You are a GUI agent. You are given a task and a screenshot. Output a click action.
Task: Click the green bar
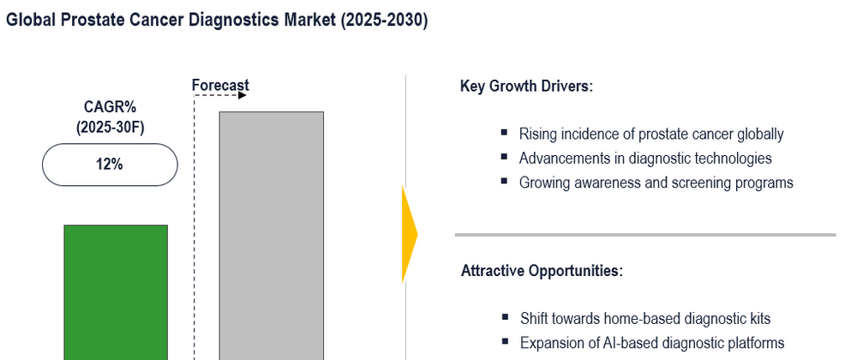point(116,292)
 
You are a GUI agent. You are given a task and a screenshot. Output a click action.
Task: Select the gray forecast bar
point(272,236)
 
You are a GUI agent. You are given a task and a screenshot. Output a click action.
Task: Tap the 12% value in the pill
point(110,164)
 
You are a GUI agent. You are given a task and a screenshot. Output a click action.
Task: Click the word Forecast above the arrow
point(220,85)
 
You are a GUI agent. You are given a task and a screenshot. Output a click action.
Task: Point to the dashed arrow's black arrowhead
point(243,96)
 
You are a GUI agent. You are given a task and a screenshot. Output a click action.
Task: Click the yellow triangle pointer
point(409,234)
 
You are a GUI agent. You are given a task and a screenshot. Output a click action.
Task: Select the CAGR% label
point(110,106)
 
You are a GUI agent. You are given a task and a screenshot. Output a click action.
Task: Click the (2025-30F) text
point(110,127)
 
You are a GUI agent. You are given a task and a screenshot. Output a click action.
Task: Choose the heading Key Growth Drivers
point(526,87)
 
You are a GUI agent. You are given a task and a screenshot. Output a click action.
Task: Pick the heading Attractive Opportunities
point(542,271)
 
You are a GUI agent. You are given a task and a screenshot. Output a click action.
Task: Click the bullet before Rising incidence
point(504,132)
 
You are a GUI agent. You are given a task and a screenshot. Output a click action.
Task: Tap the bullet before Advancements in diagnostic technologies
point(504,157)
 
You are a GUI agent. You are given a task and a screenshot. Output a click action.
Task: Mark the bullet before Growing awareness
point(504,181)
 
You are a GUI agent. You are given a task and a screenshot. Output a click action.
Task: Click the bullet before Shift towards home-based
point(505,317)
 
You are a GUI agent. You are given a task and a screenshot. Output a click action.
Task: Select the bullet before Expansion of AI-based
point(505,341)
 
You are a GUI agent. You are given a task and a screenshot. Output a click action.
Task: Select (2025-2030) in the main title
point(384,21)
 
